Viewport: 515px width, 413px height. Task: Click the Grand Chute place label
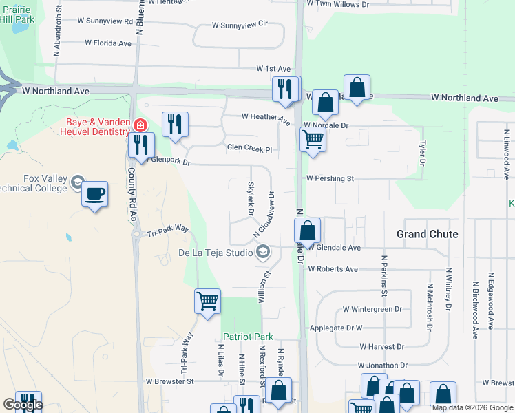pyautogui.click(x=427, y=234)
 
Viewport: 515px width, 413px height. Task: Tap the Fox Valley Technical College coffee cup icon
pyautogui.click(x=95, y=193)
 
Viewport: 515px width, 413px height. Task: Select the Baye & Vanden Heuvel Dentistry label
pyautogui.click(x=95, y=126)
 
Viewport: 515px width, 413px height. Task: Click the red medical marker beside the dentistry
pyautogui.click(x=140, y=125)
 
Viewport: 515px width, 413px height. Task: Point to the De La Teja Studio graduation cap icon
pyautogui.click(x=262, y=254)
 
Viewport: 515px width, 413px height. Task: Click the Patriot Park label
pyautogui.click(x=248, y=337)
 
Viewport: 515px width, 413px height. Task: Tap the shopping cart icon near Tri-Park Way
pyautogui.click(x=207, y=301)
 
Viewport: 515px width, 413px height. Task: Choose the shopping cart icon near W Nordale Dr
pyautogui.click(x=313, y=140)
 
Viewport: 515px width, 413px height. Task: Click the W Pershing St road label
pyautogui.click(x=330, y=178)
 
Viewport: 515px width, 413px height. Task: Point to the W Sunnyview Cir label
pyautogui.click(x=239, y=24)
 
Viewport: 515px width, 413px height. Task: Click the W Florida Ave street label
pyautogui.click(x=108, y=43)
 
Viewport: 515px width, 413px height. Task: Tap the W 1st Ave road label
pyautogui.click(x=273, y=69)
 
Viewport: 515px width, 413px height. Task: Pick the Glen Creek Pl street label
pyautogui.click(x=250, y=148)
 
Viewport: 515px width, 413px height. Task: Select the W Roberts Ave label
pyautogui.click(x=333, y=269)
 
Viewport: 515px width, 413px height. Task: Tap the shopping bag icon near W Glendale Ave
pyautogui.click(x=308, y=231)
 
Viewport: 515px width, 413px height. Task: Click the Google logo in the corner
pyautogui.click(x=23, y=405)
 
